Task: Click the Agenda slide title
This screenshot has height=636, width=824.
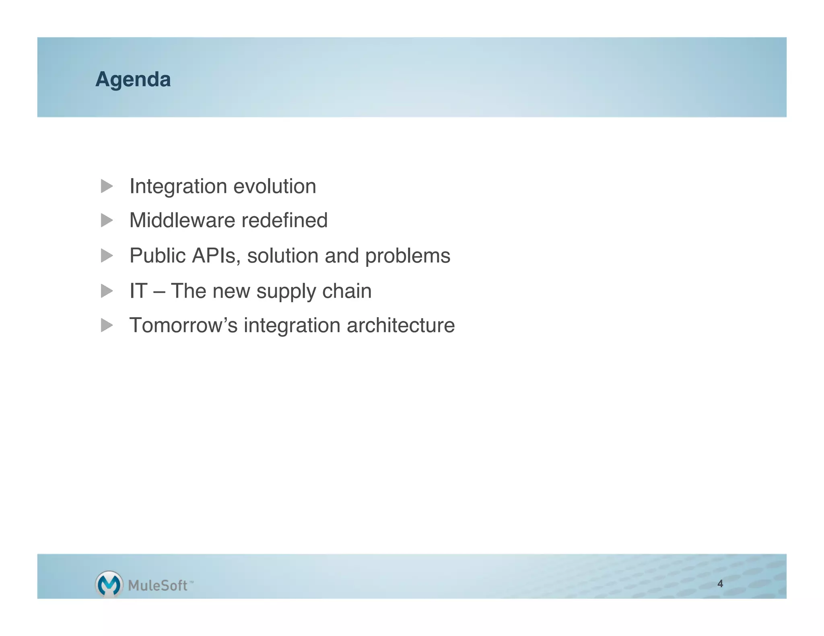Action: coord(133,80)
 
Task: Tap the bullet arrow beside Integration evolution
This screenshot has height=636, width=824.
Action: coord(107,186)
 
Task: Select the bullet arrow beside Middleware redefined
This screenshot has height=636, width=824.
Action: coord(107,220)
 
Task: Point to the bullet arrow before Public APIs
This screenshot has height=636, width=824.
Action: coord(107,255)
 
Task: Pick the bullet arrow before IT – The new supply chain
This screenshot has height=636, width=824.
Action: coord(107,291)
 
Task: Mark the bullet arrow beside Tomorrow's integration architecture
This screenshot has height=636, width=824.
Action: coord(107,325)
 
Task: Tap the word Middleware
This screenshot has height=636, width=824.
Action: coord(182,220)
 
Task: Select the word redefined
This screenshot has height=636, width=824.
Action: coord(284,220)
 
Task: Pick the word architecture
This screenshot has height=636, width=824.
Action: coord(401,325)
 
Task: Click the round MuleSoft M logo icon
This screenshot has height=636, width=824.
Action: coord(109,584)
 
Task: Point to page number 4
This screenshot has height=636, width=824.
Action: coord(720,584)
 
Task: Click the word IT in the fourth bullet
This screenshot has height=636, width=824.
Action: coord(138,291)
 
